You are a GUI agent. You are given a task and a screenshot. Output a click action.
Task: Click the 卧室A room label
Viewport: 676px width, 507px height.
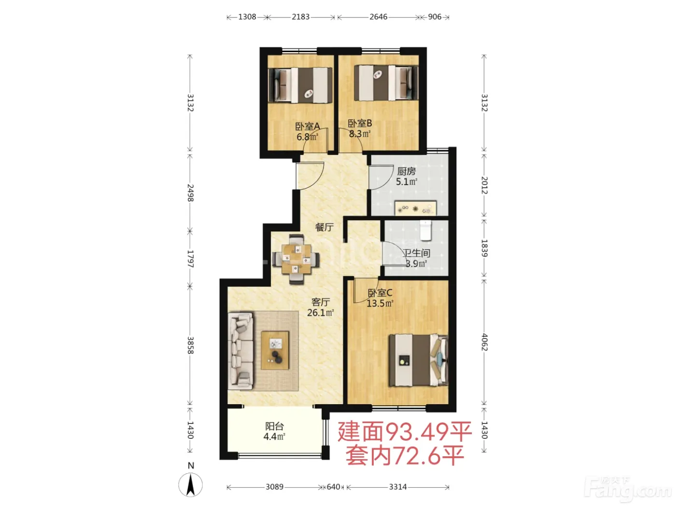tap(308, 126)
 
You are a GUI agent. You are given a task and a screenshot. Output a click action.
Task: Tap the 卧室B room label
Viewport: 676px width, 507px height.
tap(360, 124)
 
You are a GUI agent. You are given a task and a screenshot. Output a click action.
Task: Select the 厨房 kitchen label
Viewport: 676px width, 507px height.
tap(406, 171)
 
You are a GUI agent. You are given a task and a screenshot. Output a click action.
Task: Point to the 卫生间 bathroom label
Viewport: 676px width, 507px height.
tap(416, 253)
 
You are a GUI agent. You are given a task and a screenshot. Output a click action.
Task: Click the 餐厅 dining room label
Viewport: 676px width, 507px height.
tap(324, 227)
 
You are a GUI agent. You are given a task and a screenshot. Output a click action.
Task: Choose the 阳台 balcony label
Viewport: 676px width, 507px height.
tap(274, 426)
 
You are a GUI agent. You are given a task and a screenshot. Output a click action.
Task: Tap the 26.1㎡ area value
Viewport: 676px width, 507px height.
tap(321, 313)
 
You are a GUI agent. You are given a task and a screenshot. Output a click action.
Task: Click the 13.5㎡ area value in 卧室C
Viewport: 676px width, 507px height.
tap(380, 304)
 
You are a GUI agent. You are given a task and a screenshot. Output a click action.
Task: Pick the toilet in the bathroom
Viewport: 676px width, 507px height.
tap(426, 230)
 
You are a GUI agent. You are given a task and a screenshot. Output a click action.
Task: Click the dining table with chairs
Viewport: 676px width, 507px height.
tap(296, 259)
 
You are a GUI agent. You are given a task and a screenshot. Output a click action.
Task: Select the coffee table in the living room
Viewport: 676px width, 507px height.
tap(275, 351)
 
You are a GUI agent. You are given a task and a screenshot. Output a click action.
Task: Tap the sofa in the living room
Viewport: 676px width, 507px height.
tap(240, 351)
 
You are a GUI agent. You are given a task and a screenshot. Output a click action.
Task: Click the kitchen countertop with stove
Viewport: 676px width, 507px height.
tap(415, 208)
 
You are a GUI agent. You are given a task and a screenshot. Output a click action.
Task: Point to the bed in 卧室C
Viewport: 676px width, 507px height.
tap(418, 360)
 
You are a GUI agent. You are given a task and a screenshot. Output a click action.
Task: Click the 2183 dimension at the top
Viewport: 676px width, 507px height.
tap(301, 17)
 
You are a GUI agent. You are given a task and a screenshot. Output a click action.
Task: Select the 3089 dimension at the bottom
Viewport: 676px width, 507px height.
tap(274, 487)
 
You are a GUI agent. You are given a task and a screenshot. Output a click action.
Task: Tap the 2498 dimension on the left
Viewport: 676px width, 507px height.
tap(191, 193)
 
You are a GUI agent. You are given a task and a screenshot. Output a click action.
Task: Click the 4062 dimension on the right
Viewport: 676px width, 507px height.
tap(484, 342)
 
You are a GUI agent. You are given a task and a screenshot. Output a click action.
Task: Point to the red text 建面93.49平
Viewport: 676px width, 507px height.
tap(405, 432)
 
